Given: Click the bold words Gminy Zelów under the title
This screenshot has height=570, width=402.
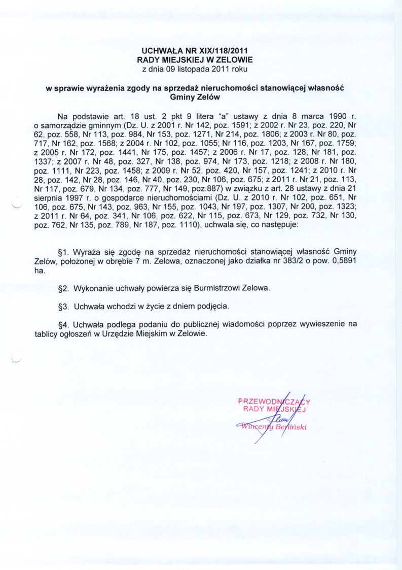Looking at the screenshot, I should pos(195,96).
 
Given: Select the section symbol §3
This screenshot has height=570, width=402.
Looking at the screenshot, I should pos(64,307).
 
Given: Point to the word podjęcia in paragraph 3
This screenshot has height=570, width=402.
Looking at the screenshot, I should pos(215,307).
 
